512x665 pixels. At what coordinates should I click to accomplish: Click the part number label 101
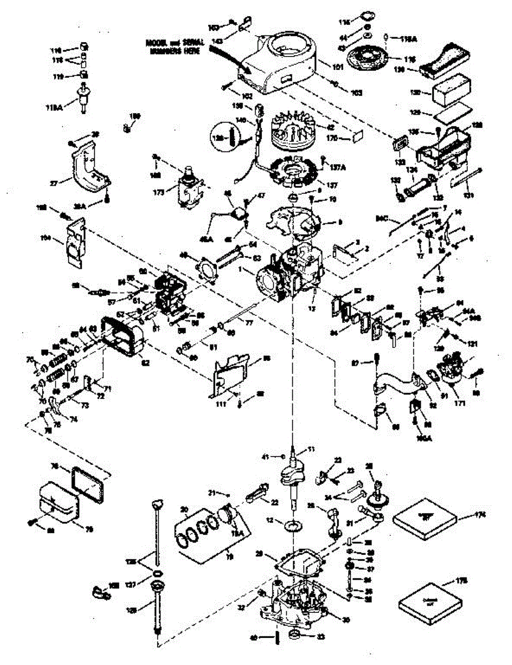pyautogui.click(x=338, y=68)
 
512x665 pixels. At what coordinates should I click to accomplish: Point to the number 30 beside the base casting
pyautogui.click(x=346, y=620)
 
